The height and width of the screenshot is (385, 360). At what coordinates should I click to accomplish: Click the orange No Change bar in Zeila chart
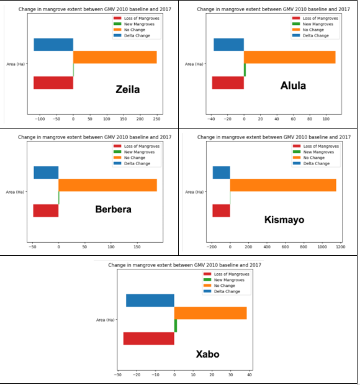pyautogui.click(x=115, y=57)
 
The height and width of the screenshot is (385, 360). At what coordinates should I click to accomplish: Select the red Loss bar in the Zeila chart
pyautogui.click(x=53, y=83)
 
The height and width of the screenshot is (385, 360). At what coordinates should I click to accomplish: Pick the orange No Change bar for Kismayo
pyautogui.click(x=283, y=185)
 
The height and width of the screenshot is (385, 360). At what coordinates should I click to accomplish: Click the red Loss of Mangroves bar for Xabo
pyautogui.click(x=149, y=338)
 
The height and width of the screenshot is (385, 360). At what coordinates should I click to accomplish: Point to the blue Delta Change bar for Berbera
pyautogui.click(x=46, y=173)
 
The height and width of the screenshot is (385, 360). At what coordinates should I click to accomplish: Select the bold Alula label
pyautogui.click(x=294, y=86)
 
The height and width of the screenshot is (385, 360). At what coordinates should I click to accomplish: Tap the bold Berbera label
pyautogui.click(x=113, y=209)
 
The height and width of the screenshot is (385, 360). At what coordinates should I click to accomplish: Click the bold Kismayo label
pyautogui.click(x=284, y=219)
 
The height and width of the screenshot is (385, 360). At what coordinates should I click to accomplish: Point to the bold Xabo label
pyautogui.click(x=207, y=355)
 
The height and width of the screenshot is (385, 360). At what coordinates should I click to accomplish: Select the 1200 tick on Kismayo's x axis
pyautogui.click(x=340, y=247)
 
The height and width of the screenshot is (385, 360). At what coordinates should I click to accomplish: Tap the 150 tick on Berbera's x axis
pyautogui.click(x=137, y=247)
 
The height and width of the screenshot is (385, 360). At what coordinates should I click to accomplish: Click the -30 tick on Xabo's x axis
pyautogui.click(x=118, y=374)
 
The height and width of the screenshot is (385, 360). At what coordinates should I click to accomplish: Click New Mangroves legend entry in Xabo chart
pyautogui.click(x=228, y=279)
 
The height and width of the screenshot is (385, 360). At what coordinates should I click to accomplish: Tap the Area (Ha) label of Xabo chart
pyautogui.click(x=106, y=320)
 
